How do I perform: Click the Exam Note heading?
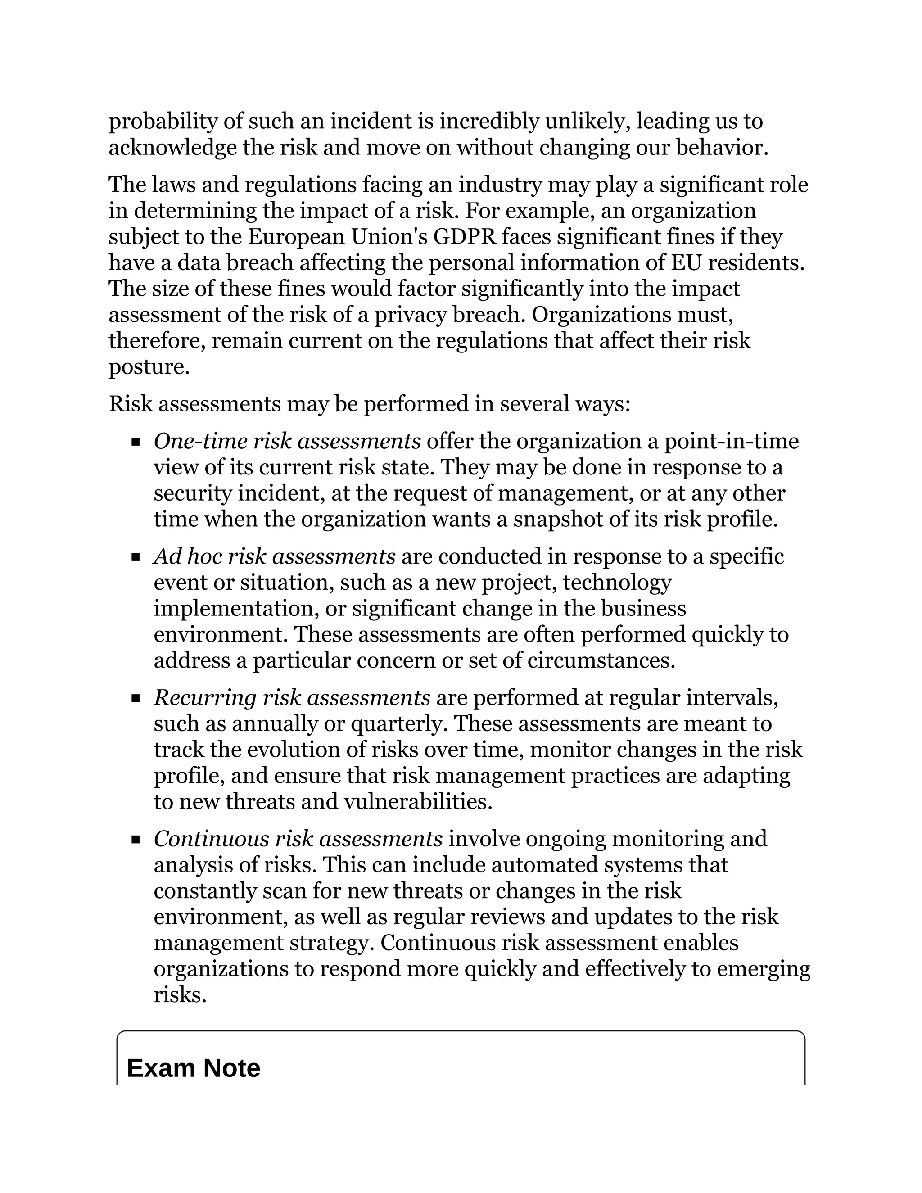click(193, 1068)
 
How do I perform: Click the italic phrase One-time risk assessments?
click(287, 441)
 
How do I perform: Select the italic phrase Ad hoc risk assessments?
click(274, 556)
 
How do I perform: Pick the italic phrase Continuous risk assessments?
click(298, 839)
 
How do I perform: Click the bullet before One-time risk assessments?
click(136, 443)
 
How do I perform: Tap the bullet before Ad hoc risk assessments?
click(136, 558)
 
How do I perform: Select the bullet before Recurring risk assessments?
click(136, 699)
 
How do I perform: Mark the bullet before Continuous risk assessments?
click(136, 840)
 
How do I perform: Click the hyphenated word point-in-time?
click(731, 441)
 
